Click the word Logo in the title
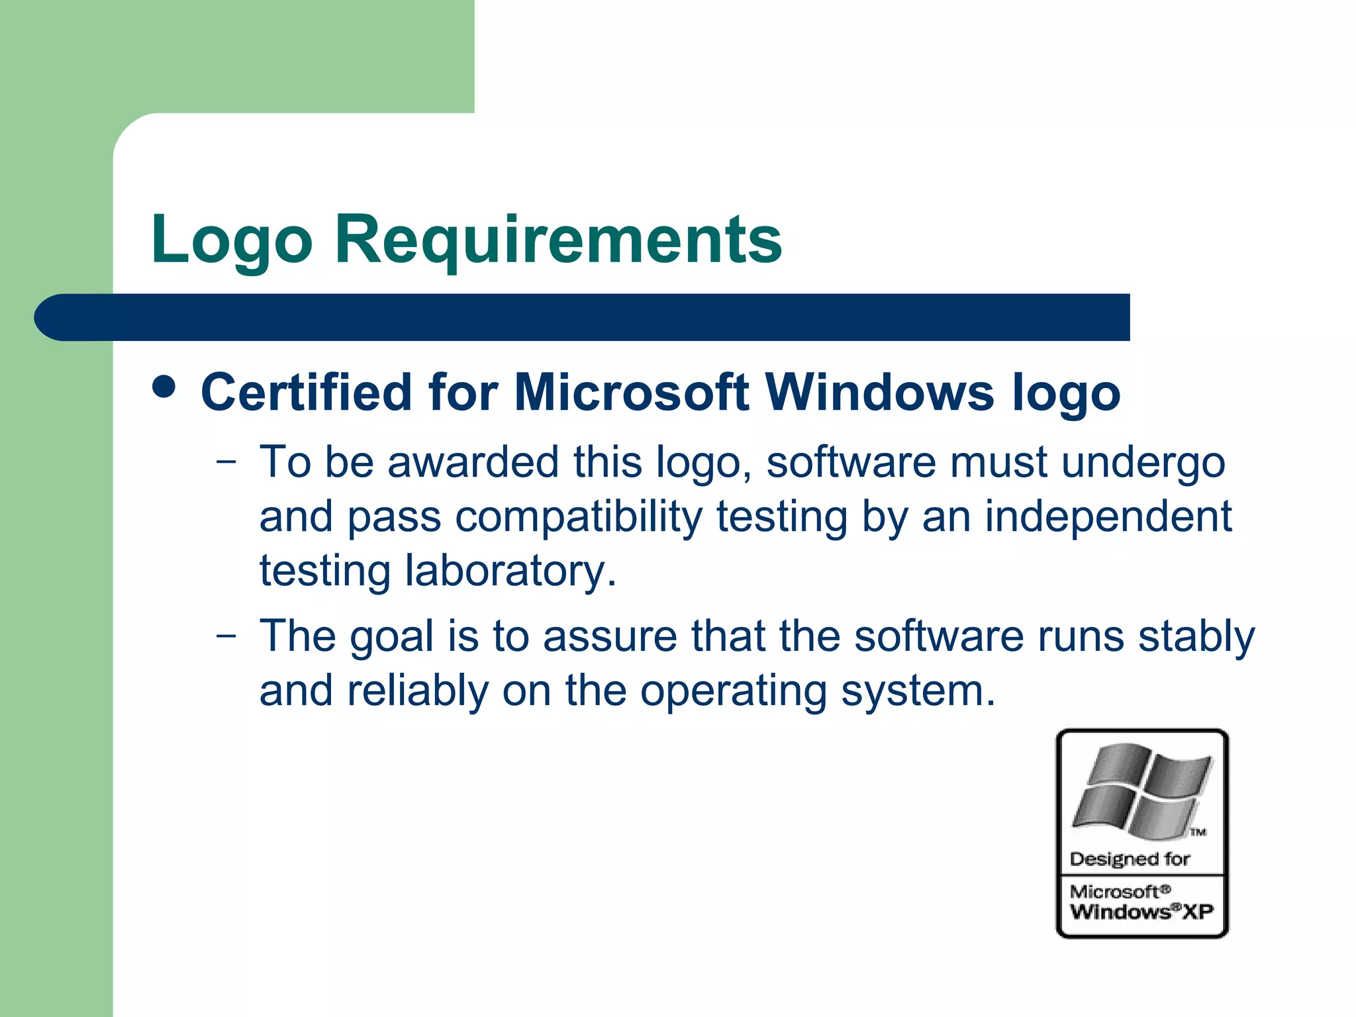pyautogui.click(x=231, y=240)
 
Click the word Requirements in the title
pyautogui.click(x=558, y=240)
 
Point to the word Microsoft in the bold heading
pyautogui.click(x=631, y=392)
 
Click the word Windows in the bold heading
pyautogui.click(x=880, y=392)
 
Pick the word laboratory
pyautogui.click(x=510, y=571)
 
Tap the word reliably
pyautogui.click(x=417, y=691)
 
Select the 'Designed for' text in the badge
pyautogui.click(x=1130, y=859)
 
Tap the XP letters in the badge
pyautogui.click(x=1198, y=912)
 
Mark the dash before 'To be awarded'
pyautogui.click(x=226, y=462)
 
